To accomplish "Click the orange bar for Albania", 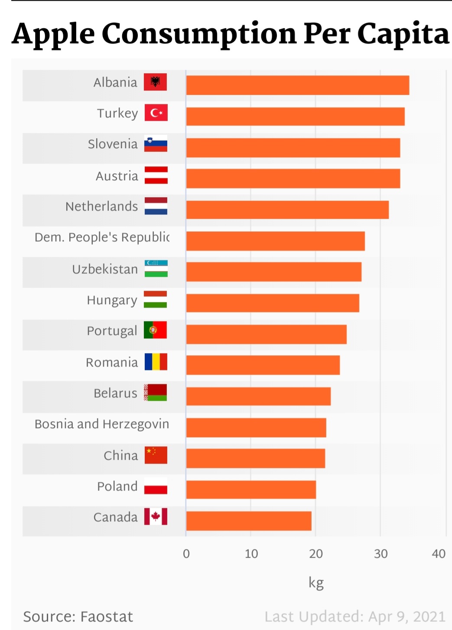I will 297,85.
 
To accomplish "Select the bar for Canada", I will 249,521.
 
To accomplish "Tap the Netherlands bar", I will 287,210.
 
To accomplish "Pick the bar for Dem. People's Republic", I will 276,241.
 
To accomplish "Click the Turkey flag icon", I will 156,113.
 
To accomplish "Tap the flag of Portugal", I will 155,330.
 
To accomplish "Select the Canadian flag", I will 156,516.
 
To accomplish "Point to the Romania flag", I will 156,362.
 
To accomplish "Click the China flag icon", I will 156,455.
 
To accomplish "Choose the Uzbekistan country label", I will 105,269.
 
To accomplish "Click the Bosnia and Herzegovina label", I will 102,424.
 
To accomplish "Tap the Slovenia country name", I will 113,144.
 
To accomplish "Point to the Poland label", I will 117,486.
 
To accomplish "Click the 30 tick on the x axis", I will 380,554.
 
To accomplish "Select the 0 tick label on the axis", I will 186,554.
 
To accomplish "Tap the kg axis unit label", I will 316,583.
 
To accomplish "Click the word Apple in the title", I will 53,34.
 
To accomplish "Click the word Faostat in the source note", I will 107,617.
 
